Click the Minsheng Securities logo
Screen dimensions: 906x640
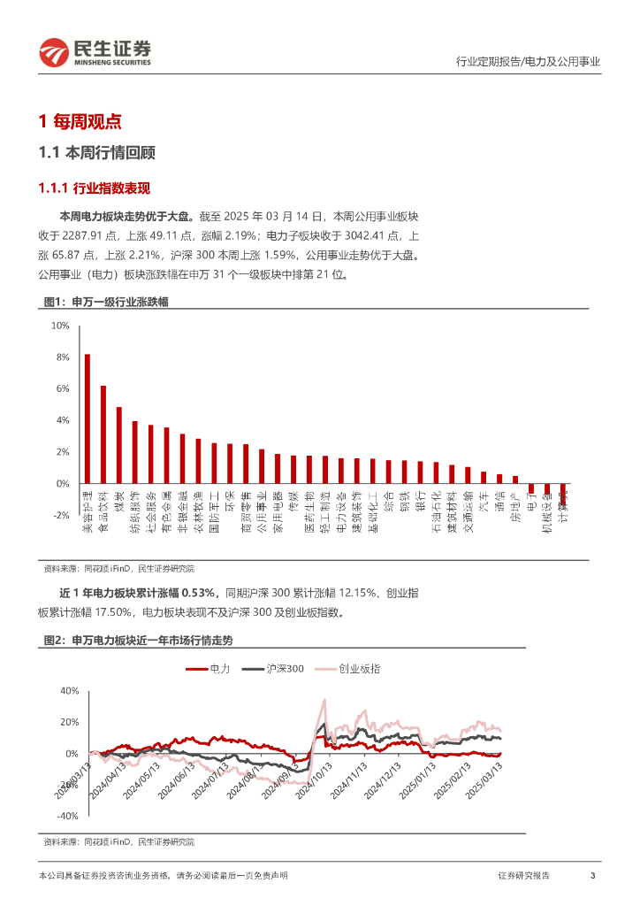pos(94,52)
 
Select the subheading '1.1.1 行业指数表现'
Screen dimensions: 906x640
pos(95,188)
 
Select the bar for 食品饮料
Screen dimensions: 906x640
pos(103,434)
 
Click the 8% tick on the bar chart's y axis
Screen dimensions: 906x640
pos(62,357)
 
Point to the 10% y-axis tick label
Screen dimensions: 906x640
pos(60,326)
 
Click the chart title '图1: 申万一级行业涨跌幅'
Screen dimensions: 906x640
pos(106,302)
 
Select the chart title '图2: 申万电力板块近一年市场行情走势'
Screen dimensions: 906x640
pos(138,639)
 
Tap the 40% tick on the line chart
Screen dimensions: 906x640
pos(69,690)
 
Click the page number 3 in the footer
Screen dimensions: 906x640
pos(592,876)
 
